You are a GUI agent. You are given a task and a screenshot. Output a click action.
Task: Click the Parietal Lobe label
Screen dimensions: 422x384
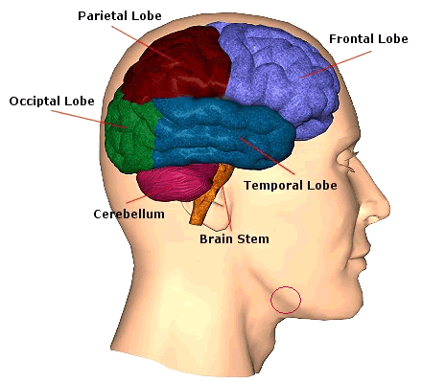point(120,16)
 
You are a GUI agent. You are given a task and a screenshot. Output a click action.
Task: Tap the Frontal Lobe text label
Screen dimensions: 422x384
point(368,39)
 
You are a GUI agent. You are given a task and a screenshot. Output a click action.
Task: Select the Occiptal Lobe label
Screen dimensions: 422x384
point(52,102)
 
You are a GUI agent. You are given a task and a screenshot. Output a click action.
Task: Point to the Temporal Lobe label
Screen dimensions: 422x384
point(291,186)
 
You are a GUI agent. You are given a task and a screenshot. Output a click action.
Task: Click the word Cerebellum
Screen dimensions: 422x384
point(129,214)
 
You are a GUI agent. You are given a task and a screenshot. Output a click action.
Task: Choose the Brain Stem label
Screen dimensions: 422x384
point(234,239)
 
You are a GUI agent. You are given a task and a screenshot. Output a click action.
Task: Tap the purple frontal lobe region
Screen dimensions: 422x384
point(281,77)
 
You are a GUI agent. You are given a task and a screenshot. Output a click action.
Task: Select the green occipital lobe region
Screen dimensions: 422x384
point(129,134)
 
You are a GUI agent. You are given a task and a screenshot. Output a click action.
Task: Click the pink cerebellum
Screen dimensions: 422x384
point(175,182)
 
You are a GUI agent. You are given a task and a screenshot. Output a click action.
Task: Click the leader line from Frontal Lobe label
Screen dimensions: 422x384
point(336,64)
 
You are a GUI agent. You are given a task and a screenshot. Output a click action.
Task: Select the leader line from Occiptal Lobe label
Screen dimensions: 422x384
point(89,119)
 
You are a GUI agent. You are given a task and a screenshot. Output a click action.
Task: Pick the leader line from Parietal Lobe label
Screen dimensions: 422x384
point(146,45)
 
